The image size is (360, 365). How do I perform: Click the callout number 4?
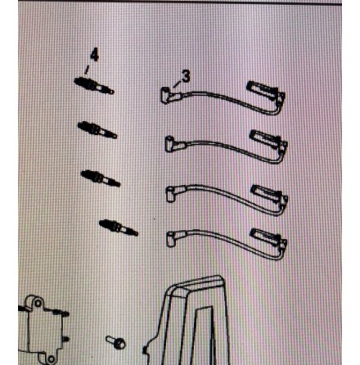(94, 55)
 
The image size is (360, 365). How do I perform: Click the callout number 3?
(186, 76)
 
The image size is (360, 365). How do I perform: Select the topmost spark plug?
(94, 86)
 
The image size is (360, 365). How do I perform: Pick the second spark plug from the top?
(97, 130)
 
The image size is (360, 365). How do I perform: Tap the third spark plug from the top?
(101, 178)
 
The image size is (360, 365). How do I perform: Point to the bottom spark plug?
(119, 228)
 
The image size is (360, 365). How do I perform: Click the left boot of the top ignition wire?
(169, 95)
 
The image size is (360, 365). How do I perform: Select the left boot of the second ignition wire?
(174, 144)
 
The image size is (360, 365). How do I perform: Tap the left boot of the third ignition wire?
(175, 193)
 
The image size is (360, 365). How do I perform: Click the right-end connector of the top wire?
(266, 92)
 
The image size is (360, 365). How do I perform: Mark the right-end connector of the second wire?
(269, 142)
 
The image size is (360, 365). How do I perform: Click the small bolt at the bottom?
(115, 342)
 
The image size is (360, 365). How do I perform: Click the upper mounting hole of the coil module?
(38, 304)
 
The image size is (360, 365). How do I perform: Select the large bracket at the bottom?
(188, 322)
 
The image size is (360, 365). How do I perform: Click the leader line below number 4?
(87, 70)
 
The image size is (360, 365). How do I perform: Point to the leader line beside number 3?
(178, 84)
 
